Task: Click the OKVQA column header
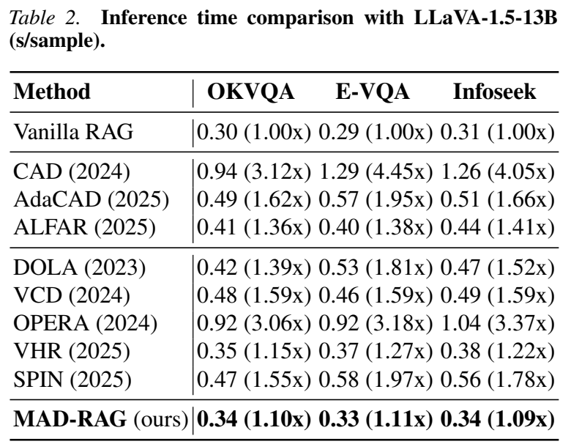click(x=251, y=92)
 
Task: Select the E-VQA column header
click(x=373, y=91)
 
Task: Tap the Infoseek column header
click(x=495, y=91)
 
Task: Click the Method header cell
click(x=52, y=91)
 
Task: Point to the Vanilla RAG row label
click(x=73, y=131)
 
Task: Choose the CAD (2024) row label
click(x=72, y=171)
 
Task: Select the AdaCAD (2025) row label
click(x=92, y=199)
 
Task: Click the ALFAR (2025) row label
click(x=85, y=227)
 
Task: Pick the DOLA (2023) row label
click(x=80, y=268)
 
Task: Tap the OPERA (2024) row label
click(x=86, y=323)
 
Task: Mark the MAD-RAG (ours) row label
click(x=101, y=419)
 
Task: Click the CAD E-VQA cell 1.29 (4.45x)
click(x=376, y=171)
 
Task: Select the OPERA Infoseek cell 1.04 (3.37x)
click(x=498, y=323)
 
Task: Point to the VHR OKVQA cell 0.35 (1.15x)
click(x=254, y=351)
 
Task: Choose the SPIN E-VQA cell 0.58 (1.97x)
click(x=376, y=380)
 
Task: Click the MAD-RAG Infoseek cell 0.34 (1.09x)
click(x=498, y=419)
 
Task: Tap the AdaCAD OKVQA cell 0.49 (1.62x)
click(x=254, y=199)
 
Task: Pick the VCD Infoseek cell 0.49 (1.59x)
click(x=498, y=296)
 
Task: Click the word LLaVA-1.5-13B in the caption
click(x=486, y=18)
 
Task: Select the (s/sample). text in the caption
click(x=57, y=41)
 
